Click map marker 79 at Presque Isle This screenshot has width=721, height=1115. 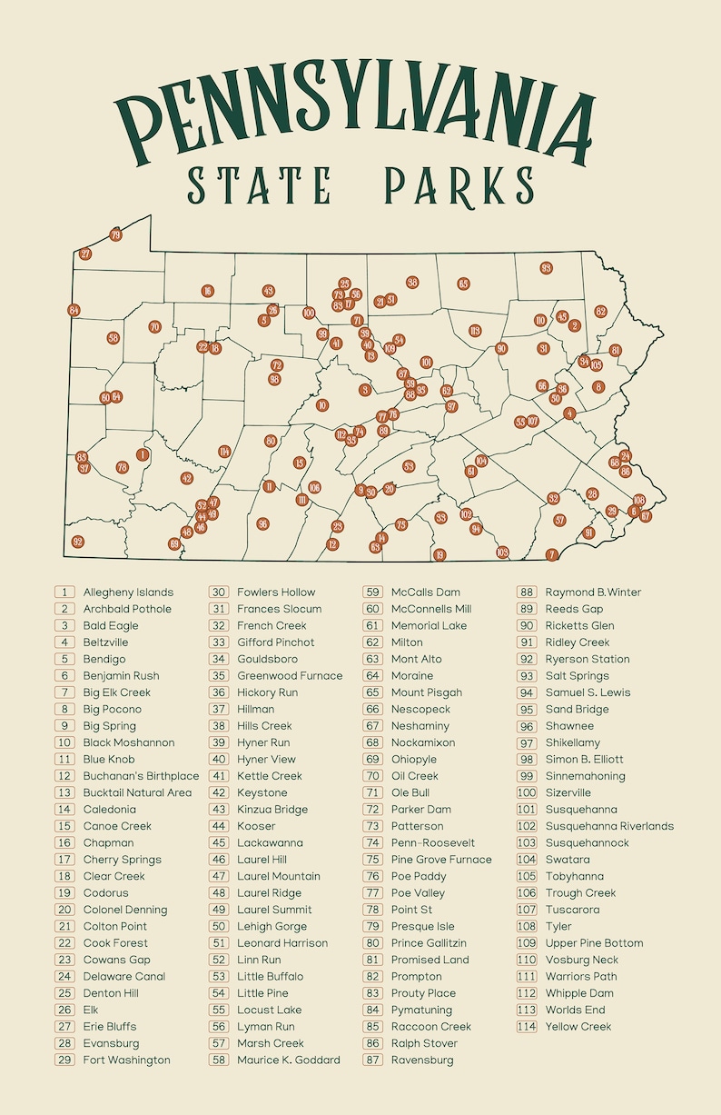point(115,234)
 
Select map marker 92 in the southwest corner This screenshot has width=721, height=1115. point(78,542)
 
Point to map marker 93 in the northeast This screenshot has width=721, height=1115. point(546,268)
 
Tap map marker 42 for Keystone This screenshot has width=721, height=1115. point(187,478)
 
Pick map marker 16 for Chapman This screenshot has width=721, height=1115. point(208,291)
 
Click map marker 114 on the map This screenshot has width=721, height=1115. point(224,452)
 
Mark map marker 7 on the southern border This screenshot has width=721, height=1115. point(551,554)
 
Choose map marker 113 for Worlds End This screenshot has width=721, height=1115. point(474,331)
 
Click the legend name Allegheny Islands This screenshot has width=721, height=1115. point(128,592)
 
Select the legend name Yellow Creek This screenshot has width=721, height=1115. point(578,1027)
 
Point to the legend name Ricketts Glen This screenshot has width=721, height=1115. point(579,626)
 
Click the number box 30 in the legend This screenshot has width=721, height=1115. point(219,592)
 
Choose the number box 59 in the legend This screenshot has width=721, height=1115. point(372,592)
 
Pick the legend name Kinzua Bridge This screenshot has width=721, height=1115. point(272,810)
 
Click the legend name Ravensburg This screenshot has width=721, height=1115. point(422,1060)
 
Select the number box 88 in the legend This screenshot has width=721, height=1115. point(527,592)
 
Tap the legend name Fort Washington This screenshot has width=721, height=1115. point(126,1060)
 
